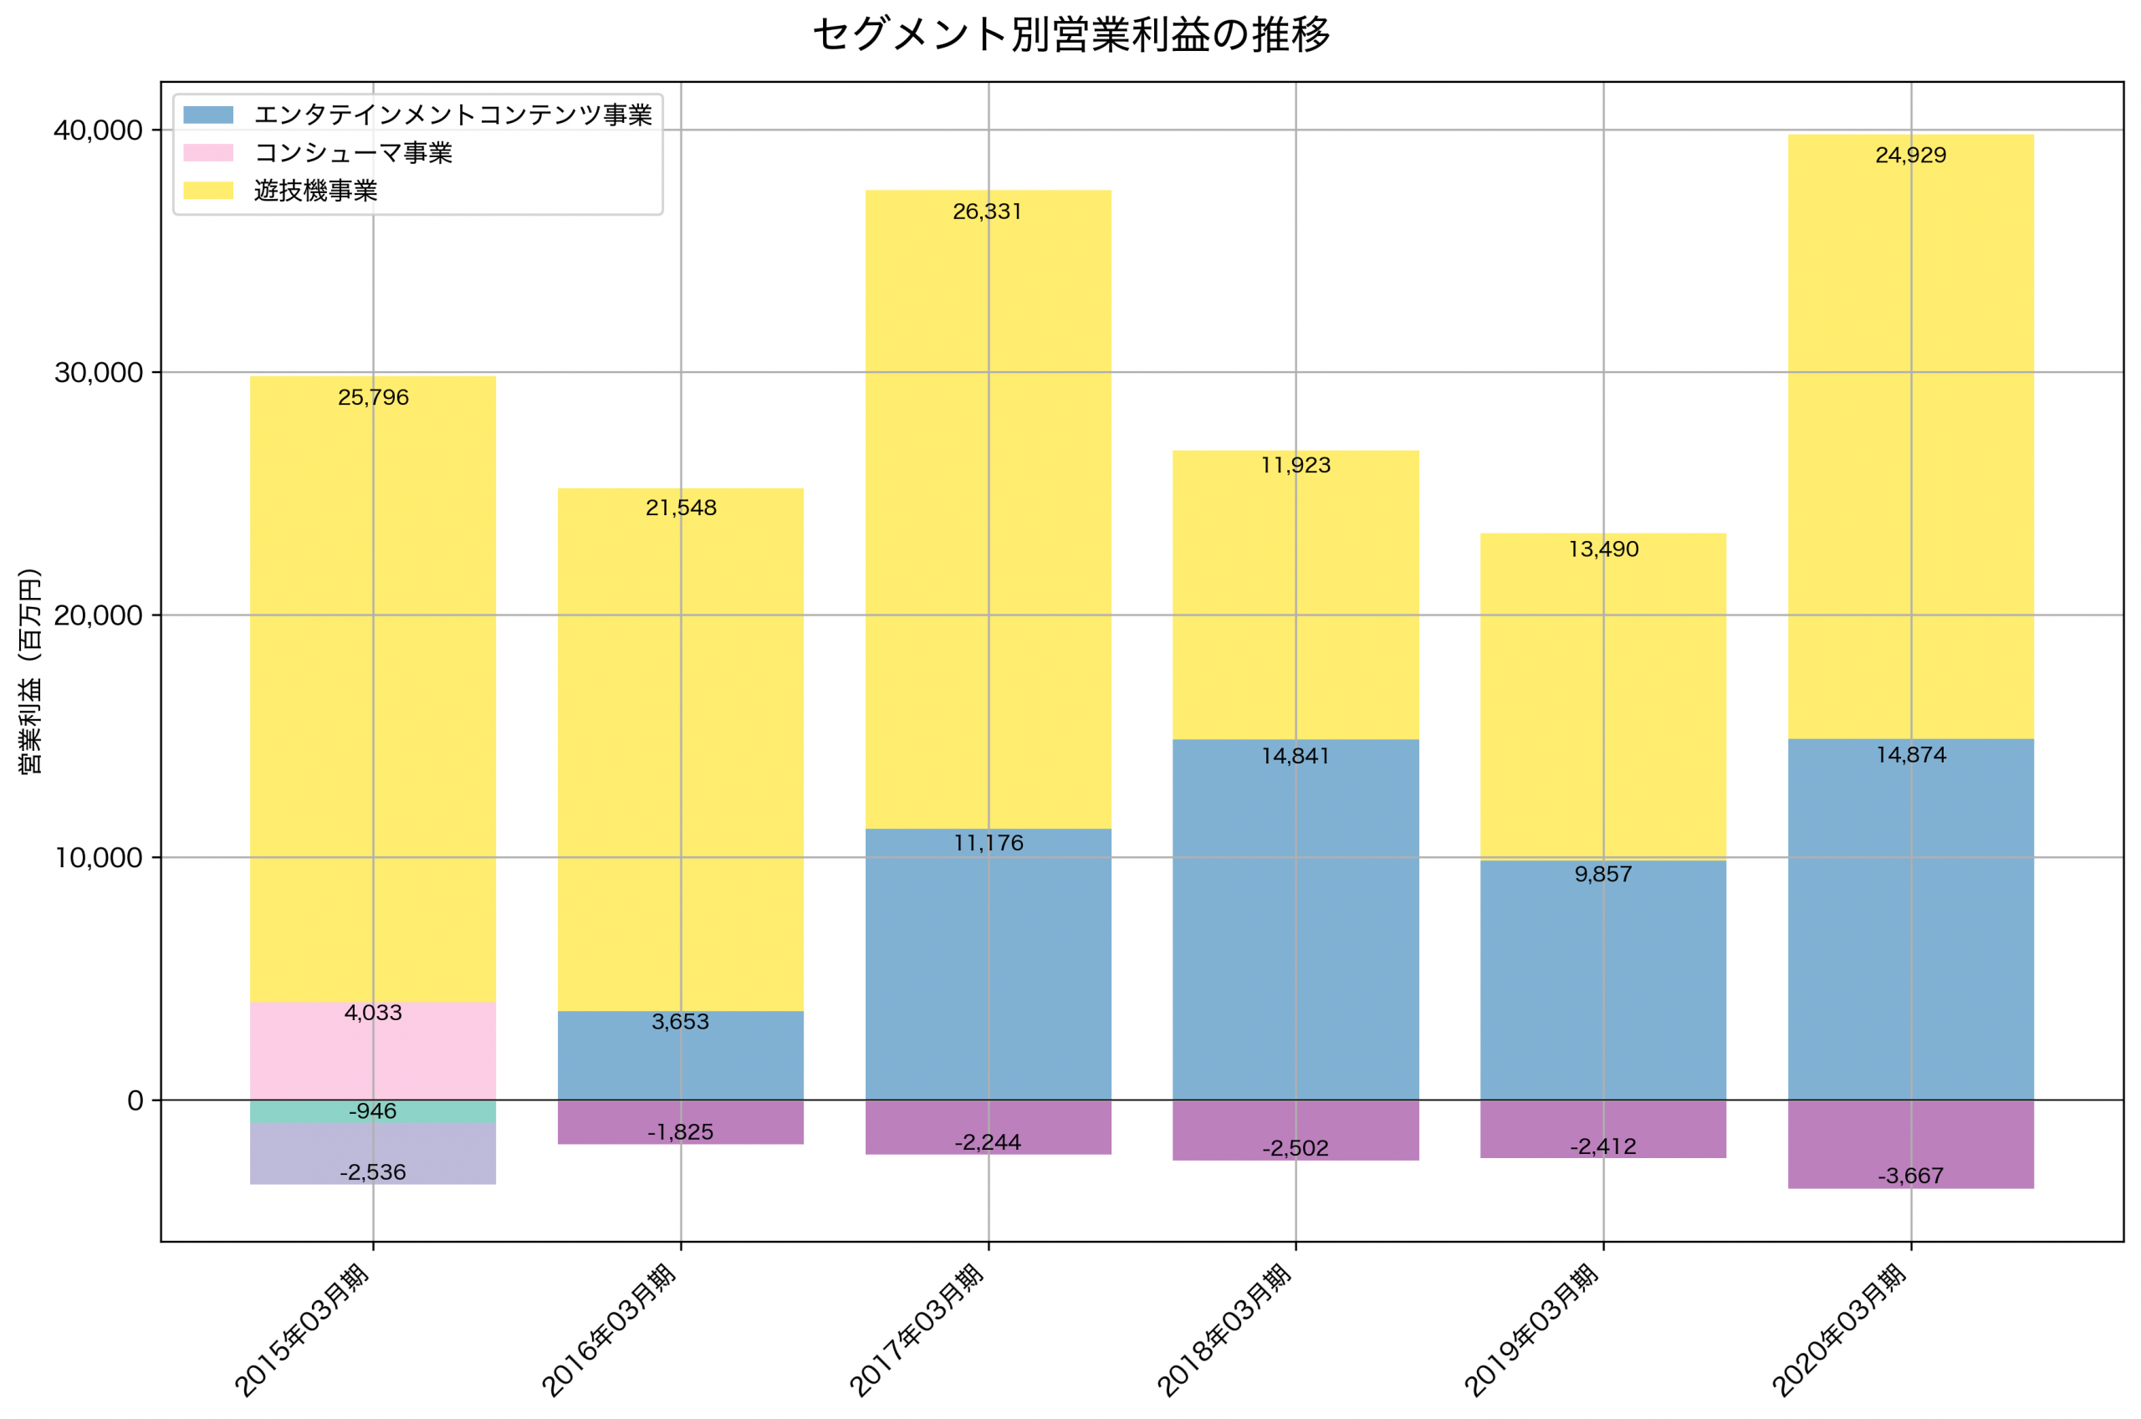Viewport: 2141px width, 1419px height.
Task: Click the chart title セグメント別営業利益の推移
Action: [x=1070, y=35]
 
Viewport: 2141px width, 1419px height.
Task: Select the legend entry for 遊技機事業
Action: [x=315, y=191]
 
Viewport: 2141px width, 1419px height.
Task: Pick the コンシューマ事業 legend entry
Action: [x=353, y=153]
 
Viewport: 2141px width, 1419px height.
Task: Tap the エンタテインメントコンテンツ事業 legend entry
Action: [x=452, y=115]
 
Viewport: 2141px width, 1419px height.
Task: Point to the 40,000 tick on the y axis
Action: [x=99, y=130]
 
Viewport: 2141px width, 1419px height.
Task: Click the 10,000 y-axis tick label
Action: [x=99, y=858]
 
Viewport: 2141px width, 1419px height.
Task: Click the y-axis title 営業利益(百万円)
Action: [x=30, y=671]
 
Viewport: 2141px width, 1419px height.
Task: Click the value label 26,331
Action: [x=987, y=212]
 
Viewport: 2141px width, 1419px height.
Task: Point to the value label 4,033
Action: [x=373, y=1013]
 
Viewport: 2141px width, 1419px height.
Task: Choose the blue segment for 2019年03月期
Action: [x=1602, y=995]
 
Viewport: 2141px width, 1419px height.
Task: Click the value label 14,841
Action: [x=1295, y=757]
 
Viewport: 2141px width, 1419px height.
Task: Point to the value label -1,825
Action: [x=681, y=1132]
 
